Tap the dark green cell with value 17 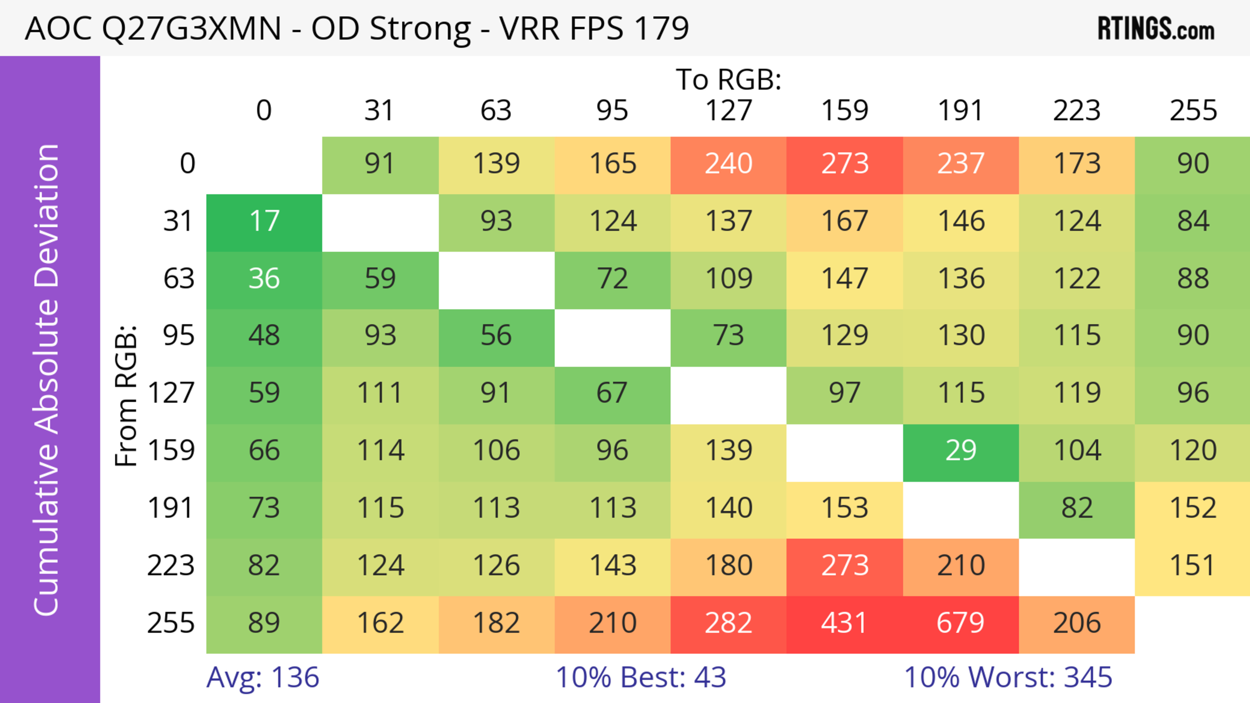pos(264,222)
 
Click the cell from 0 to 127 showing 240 pos(729,164)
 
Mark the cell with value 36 pos(264,279)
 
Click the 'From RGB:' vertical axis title pos(126,395)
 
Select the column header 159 pos(844,111)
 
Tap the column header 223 pos(1076,111)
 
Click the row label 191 pos(171,508)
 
